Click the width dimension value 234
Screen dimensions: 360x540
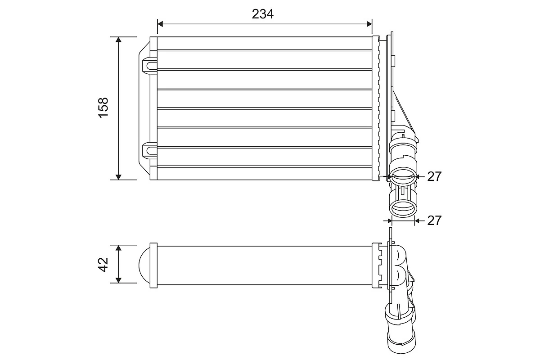263,14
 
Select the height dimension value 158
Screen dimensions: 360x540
103,108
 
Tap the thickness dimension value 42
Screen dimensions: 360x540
103,264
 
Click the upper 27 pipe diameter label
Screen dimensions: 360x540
434,176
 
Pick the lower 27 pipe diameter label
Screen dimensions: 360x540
434,220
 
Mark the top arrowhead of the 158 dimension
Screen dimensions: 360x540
118,40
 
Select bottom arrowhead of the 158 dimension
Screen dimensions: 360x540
118,176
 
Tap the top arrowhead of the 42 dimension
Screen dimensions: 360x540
118,248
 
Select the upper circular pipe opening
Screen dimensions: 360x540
402,175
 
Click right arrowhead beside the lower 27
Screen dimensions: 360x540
417,220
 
